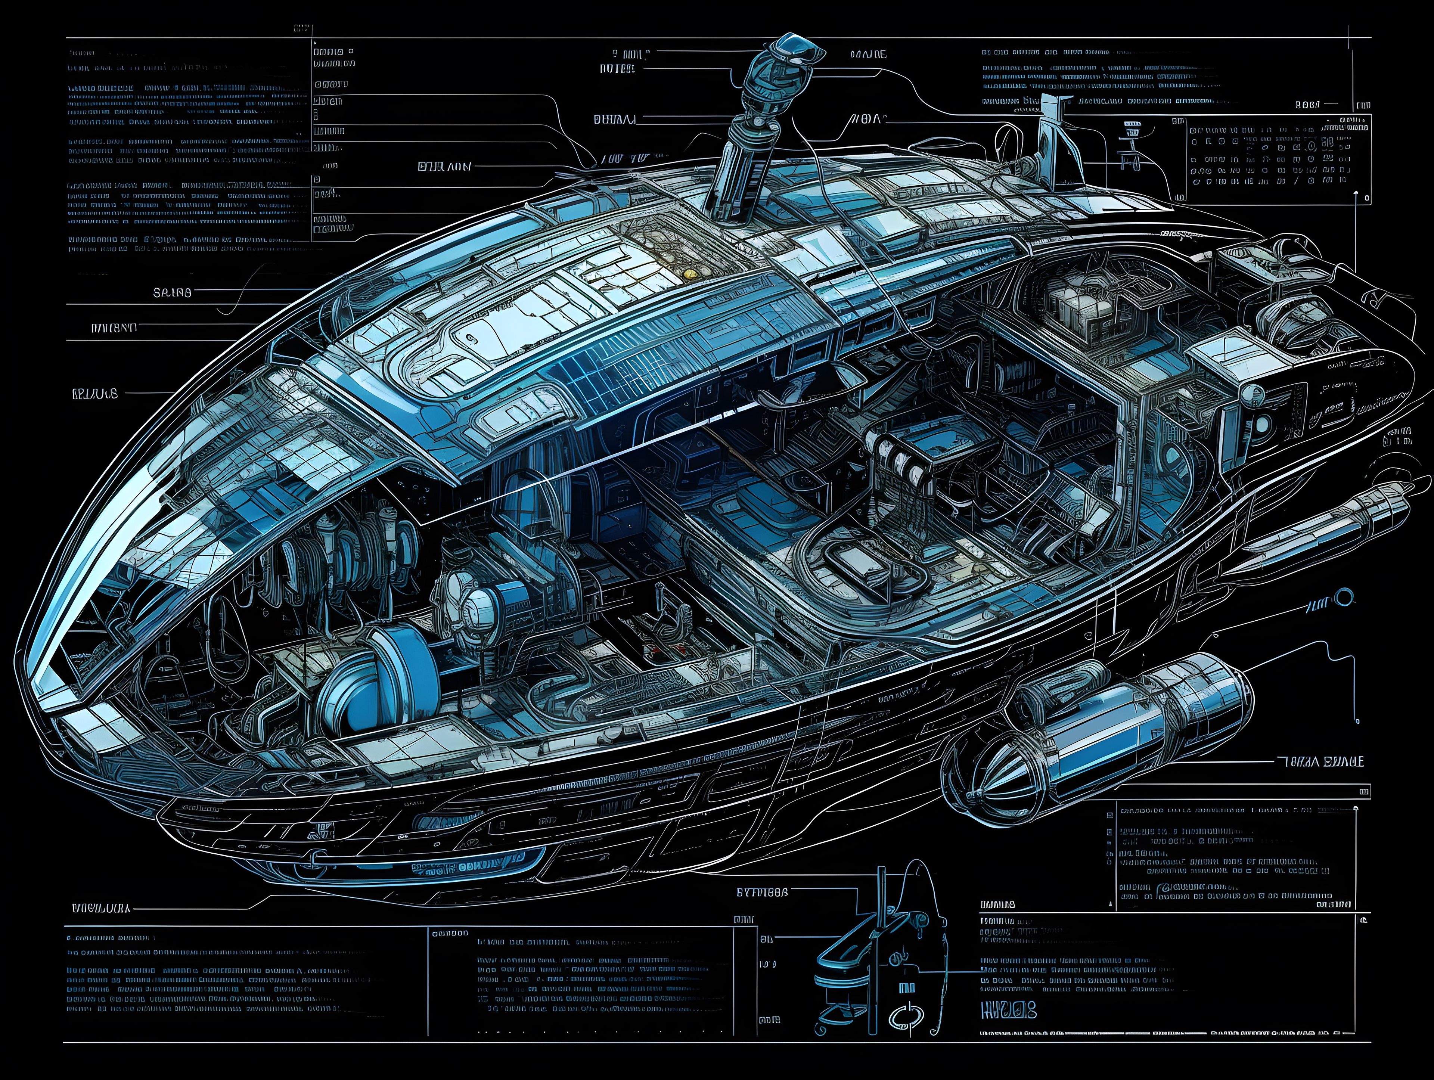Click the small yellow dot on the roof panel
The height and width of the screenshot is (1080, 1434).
(x=688, y=274)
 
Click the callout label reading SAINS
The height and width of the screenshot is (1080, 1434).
(x=172, y=292)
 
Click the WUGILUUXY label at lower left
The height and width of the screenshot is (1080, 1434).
(x=100, y=908)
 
